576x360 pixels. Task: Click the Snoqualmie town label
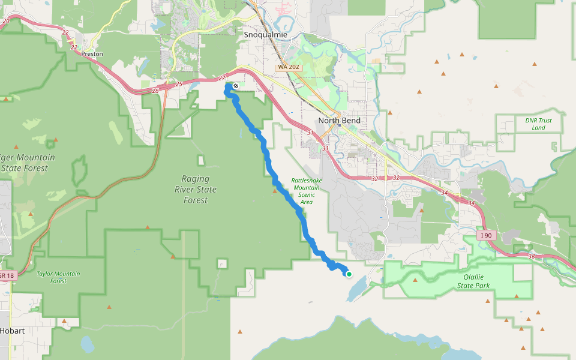tap(266, 35)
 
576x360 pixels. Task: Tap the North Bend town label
tap(340, 121)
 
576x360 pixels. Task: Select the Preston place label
tap(92, 54)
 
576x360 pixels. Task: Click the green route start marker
tap(349, 274)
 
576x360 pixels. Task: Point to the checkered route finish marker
tap(236, 86)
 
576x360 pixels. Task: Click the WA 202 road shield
tap(288, 67)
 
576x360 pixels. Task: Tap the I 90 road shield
tap(486, 235)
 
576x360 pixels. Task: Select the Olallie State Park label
tap(474, 282)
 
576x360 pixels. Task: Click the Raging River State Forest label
tap(196, 189)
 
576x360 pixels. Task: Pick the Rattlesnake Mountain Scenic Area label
tap(306, 191)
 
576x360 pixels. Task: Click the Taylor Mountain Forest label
tap(58, 277)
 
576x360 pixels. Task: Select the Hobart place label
tap(13, 331)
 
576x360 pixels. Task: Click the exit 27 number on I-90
tap(222, 78)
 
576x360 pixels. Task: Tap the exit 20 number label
tap(6, 21)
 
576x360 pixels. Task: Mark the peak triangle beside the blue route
tap(275, 191)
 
